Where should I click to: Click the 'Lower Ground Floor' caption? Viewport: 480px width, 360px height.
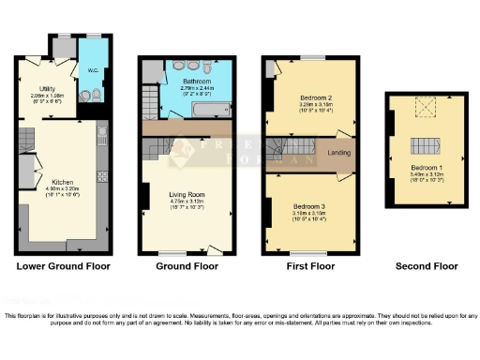pyautogui.click(x=64, y=266)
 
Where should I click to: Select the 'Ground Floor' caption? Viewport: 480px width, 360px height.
pyautogui.click(x=187, y=266)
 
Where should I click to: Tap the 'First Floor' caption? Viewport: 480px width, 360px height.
pyautogui.click(x=309, y=266)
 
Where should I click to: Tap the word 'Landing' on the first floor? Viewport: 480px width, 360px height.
pyautogui.click(x=338, y=151)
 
